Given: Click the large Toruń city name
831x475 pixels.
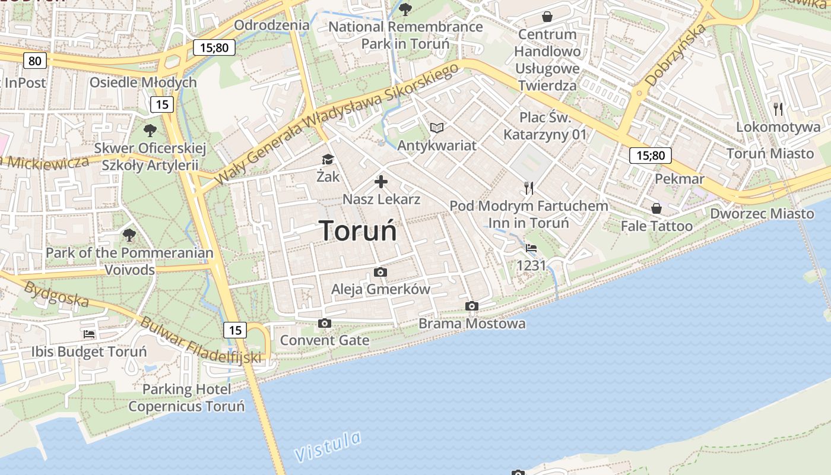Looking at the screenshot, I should coord(358,230).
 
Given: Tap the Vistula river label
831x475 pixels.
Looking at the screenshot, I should coord(328,446).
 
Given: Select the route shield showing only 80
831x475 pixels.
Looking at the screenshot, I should coord(35,61).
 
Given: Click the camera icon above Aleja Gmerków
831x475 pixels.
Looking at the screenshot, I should coord(380,272).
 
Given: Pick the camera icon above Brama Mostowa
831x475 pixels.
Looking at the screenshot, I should coord(472,306).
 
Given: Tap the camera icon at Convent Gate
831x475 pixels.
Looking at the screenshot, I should coord(324,323).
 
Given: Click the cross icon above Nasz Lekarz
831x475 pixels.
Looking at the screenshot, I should coord(381,182).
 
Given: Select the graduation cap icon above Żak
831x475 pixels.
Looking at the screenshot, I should coord(328,159).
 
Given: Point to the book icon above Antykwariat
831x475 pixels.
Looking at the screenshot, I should coord(437,128).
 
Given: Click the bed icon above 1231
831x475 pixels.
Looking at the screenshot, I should coord(531,248).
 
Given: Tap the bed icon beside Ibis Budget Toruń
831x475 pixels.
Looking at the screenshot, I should coord(89,334).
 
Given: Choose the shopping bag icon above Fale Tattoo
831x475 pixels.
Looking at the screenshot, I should coord(656,208).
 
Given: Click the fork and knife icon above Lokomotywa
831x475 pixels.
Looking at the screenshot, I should coord(778,109).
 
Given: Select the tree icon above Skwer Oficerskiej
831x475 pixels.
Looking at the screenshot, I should coord(150,130).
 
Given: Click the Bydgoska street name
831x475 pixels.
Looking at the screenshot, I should coord(56,294).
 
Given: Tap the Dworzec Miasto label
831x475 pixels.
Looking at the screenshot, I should coord(762,214).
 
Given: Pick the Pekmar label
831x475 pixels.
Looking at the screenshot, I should coord(680,179).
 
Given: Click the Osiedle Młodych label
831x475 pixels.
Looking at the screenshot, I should coord(142,83).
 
